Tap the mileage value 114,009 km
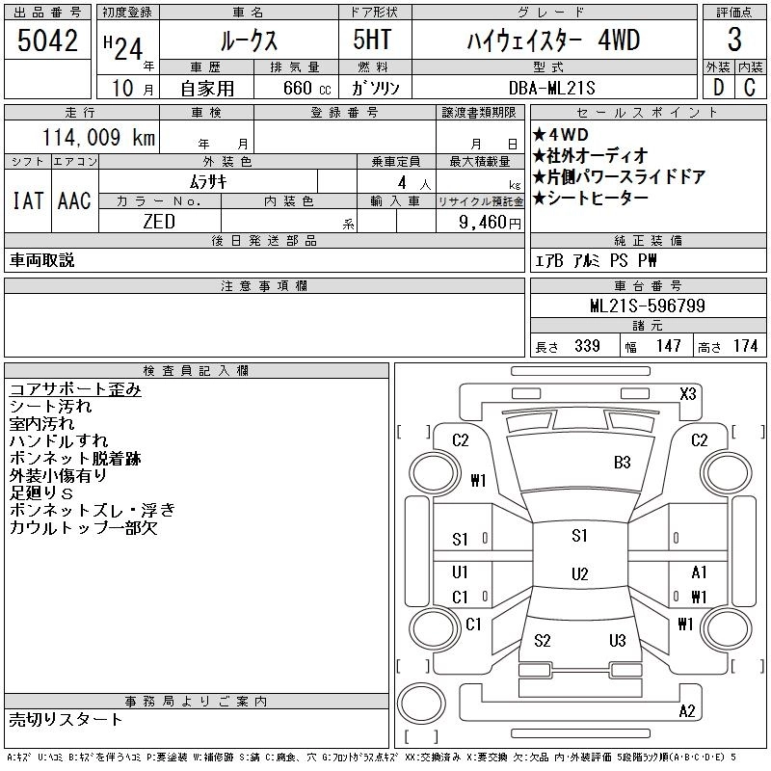[x=99, y=138]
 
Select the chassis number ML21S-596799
[x=647, y=306]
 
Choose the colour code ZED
[x=159, y=222]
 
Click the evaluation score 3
[x=733, y=40]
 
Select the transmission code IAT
[x=27, y=200]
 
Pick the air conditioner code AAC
[x=74, y=200]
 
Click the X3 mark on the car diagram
[x=687, y=393]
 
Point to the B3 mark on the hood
[x=623, y=462]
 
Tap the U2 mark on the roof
[x=579, y=574]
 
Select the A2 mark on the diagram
[x=687, y=711]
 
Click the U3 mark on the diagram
[x=618, y=640]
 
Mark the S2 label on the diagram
[x=542, y=640]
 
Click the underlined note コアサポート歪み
[x=75, y=389]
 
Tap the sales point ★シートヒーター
[x=594, y=198]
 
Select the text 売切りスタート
[x=66, y=719]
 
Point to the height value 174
[x=745, y=346]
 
